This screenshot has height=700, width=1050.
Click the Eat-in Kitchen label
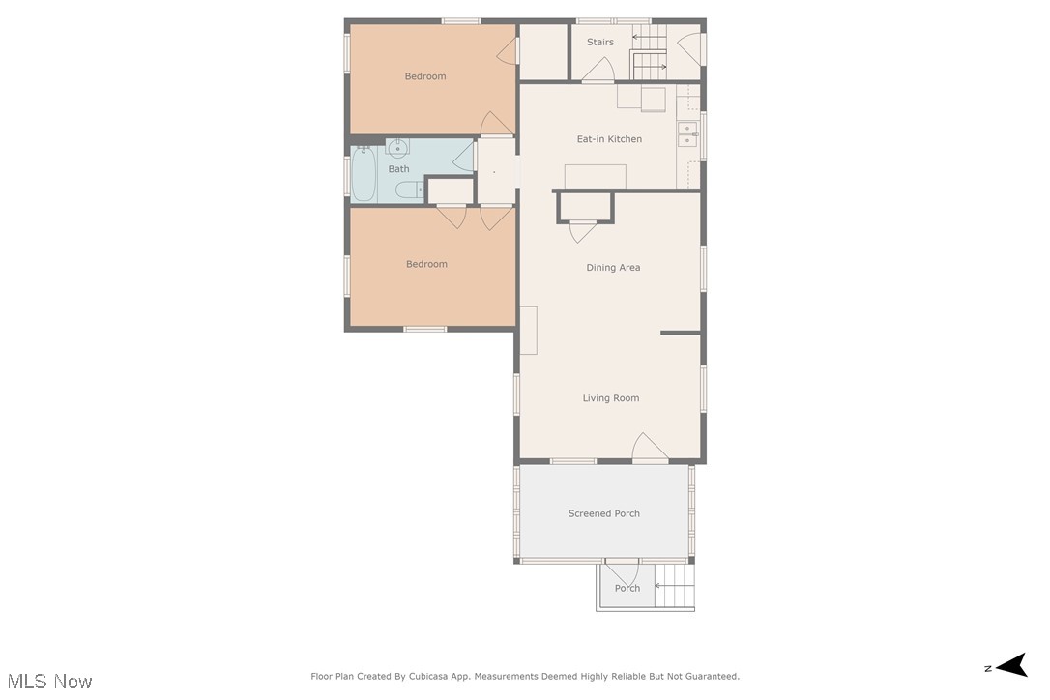tap(609, 139)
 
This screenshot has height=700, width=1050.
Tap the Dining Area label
tap(613, 268)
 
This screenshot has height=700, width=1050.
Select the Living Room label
tap(610, 398)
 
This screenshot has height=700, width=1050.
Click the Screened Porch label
tap(603, 513)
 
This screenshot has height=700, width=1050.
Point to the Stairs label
tap(599, 43)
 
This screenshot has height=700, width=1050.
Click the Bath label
tap(398, 169)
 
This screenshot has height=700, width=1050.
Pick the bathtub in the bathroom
tap(364, 174)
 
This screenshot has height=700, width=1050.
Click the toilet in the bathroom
tap(409, 190)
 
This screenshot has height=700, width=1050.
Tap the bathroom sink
tap(397, 147)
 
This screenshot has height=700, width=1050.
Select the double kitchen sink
tap(688, 134)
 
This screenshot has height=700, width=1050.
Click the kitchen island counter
tap(595, 176)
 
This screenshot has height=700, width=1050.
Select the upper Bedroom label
tap(425, 76)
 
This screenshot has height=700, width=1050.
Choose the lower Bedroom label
tap(426, 264)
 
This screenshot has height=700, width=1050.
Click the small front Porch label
tap(627, 588)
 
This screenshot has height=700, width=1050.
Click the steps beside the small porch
tap(675, 586)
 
